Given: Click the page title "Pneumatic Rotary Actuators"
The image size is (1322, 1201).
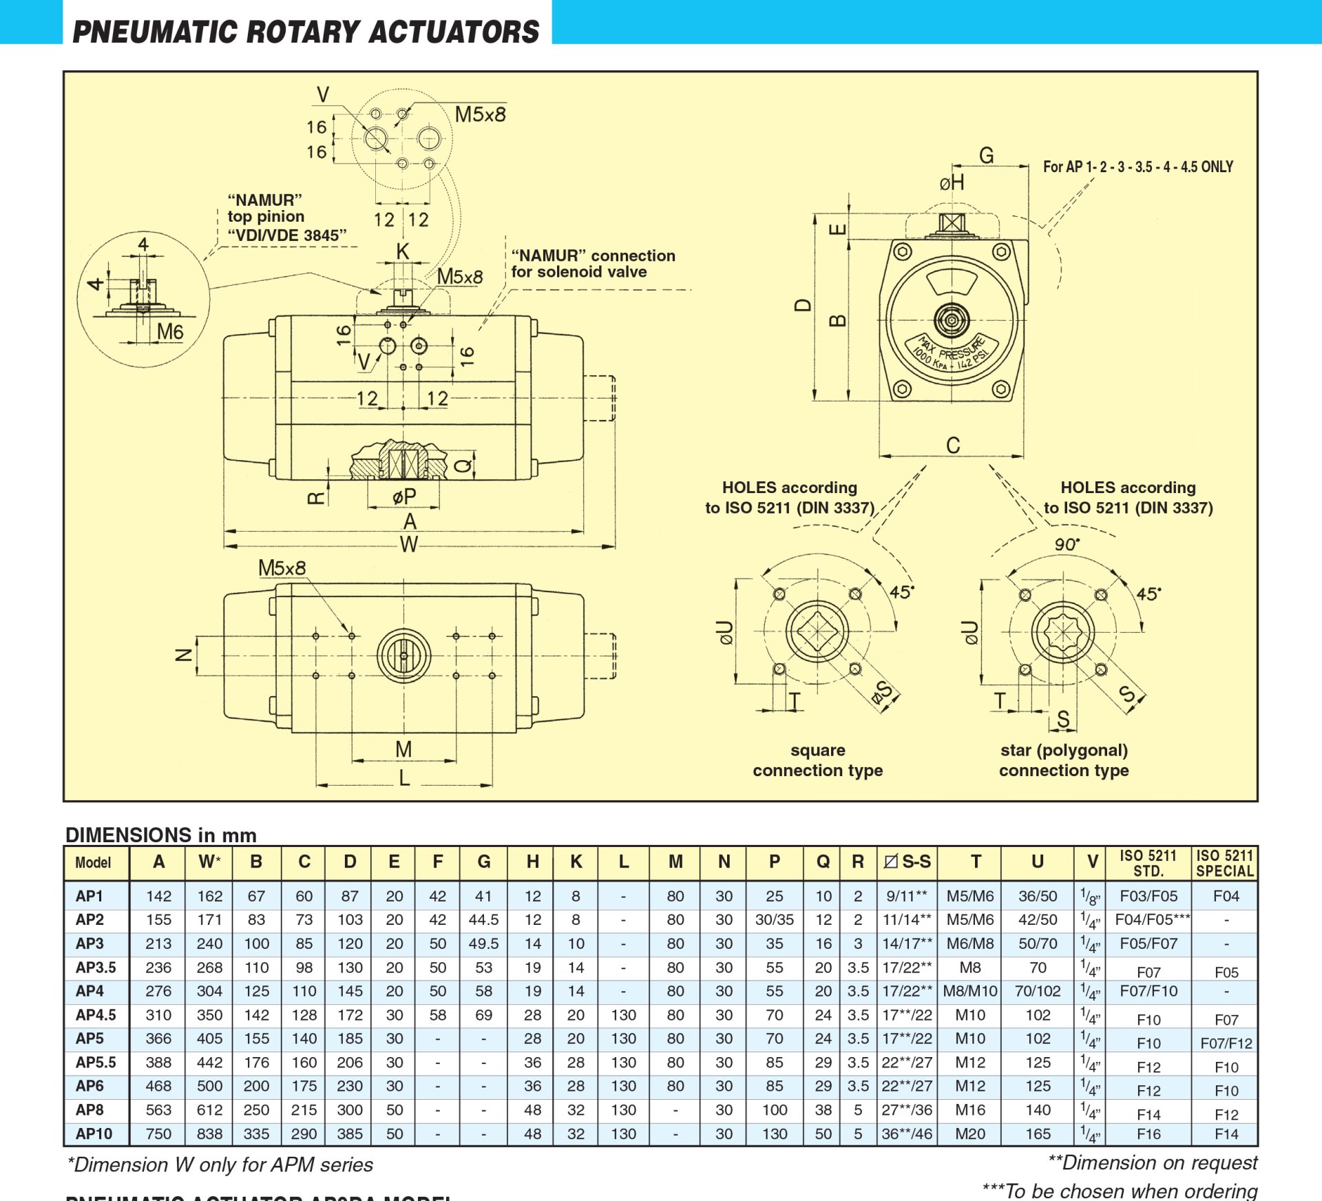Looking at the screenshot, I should point(306,32).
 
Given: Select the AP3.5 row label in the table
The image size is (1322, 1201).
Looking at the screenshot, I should point(96,968).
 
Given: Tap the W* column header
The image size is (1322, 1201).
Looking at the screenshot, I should point(209,862).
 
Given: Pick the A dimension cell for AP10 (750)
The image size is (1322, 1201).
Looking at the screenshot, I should point(158,1134).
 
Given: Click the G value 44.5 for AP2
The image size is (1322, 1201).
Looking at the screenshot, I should point(483,920).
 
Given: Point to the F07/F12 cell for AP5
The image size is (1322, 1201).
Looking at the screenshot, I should point(1226,1043).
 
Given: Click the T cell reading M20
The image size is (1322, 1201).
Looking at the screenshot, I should point(970,1134).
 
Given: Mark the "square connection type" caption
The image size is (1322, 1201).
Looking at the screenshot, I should point(817,760).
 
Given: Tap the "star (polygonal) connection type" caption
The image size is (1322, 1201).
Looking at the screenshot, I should point(1064,760).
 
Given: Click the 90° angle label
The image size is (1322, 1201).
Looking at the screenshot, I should point(1067,545).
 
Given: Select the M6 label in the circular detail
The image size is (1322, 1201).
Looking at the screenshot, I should point(169,332).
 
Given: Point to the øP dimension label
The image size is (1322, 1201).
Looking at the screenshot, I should point(404,496).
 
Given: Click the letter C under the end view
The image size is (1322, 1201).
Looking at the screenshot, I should point(952,446).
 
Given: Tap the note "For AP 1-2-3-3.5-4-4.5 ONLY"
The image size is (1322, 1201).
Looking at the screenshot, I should point(1137,167).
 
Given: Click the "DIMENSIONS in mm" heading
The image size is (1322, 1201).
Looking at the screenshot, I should point(161,835).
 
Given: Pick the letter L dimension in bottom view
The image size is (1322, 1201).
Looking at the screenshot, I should point(404,777).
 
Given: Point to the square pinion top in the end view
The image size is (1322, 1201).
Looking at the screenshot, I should point(952,223).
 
